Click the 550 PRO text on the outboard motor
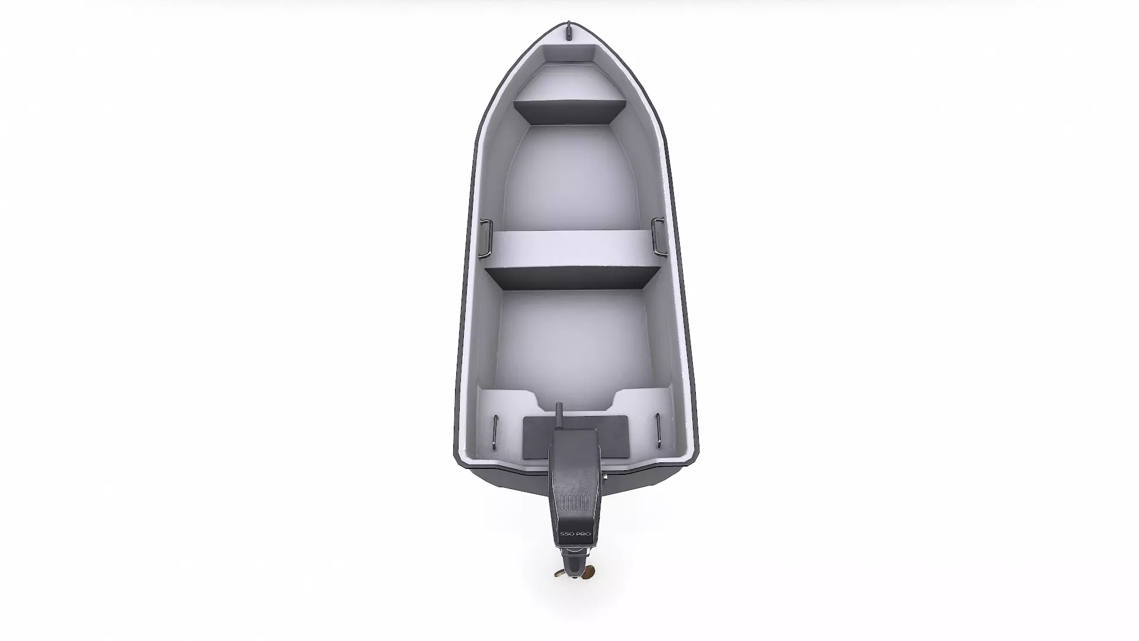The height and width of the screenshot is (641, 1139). pyautogui.click(x=575, y=535)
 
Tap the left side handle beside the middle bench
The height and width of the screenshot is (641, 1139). pyautogui.click(x=485, y=239)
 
